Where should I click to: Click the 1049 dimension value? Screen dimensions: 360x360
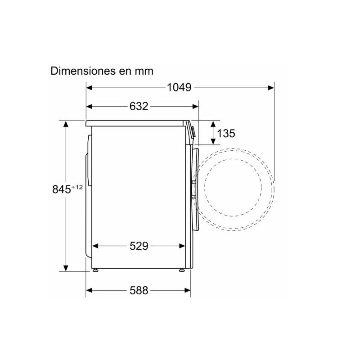tap(179, 87)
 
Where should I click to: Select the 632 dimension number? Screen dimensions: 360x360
tap(139, 107)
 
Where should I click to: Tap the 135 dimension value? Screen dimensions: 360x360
tap(226, 133)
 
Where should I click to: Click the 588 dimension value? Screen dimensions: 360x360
tap(139, 290)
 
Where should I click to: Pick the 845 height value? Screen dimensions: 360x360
tap(61, 189)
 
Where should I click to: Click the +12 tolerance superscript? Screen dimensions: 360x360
tap(77, 187)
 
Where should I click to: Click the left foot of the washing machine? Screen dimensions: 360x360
tap(95, 270)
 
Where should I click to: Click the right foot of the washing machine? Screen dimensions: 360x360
tap(181, 270)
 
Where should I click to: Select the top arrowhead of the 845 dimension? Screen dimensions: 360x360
tap(66, 124)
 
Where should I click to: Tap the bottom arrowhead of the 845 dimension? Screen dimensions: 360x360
tap(66, 269)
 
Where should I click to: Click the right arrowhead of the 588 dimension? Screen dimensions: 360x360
tap(188, 290)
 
